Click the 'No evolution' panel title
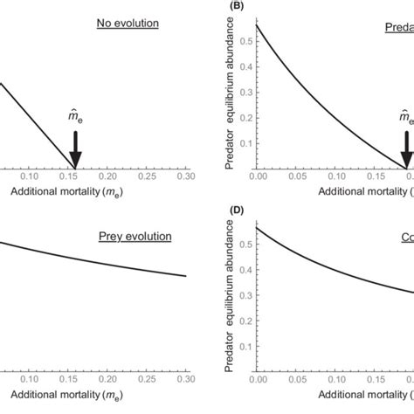tap(128, 23)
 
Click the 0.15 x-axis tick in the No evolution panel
tap(75, 176)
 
